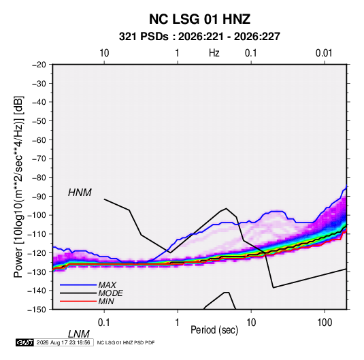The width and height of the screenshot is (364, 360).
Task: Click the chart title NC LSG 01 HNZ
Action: (199, 19)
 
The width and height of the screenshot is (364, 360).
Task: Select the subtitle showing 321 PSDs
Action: (199, 37)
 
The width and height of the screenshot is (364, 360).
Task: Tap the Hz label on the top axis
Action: (214, 53)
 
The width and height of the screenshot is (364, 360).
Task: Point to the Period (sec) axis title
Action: (214, 330)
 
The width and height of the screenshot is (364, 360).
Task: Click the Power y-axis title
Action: (18, 187)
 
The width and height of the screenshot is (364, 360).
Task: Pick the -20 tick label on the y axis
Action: (39, 65)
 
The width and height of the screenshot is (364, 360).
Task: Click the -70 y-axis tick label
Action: (39, 159)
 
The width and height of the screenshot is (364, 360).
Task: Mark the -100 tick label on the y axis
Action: (37, 215)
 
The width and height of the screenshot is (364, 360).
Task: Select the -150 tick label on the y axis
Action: (37, 310)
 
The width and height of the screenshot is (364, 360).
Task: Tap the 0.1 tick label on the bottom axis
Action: (104, 323)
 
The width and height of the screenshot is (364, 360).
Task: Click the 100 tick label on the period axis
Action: (325, 323)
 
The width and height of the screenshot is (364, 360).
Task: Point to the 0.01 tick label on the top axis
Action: (324, 53)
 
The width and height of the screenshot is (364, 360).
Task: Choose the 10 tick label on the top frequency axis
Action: (104, 53)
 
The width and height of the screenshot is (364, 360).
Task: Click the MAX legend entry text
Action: (107, 285)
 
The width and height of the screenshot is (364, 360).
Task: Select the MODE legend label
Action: (110, 293)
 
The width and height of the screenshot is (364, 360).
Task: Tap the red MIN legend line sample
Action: (78, 301)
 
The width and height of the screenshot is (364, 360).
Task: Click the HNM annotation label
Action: (80, 193)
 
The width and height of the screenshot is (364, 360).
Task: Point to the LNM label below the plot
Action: (79, 334)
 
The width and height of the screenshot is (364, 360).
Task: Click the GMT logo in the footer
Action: (25, 342)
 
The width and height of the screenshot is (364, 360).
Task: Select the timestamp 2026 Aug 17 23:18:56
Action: (63, 342)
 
